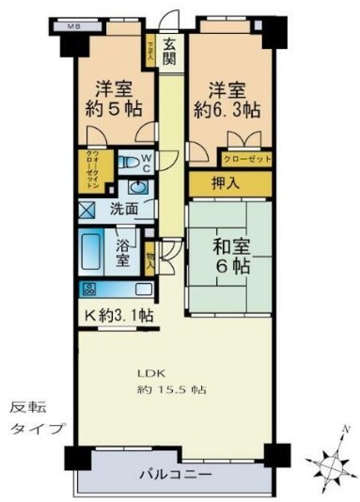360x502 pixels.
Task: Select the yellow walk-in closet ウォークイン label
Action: [91, 169]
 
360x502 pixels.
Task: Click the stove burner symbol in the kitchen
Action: [91, 290]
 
